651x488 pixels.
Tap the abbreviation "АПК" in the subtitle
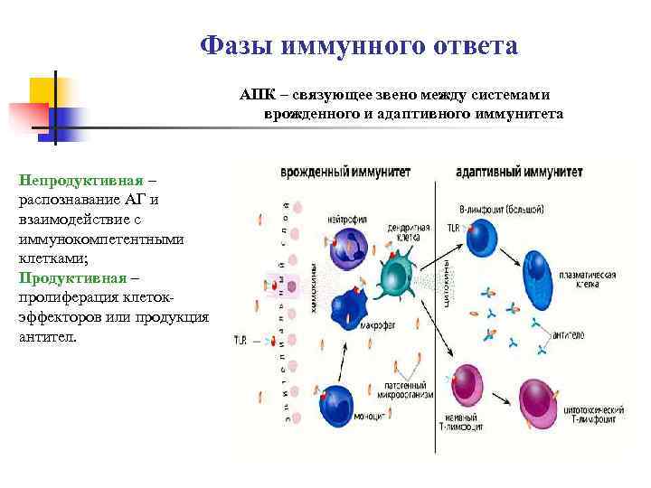click(x=257, y=95)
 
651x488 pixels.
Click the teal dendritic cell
click(x=398, y=271)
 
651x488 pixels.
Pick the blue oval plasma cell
click(x=541, y=272)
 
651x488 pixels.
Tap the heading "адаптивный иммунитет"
click(x=506, y=172)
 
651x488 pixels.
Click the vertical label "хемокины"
click(x=314, y=288)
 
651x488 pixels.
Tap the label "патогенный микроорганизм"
click(x=407, y=390)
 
